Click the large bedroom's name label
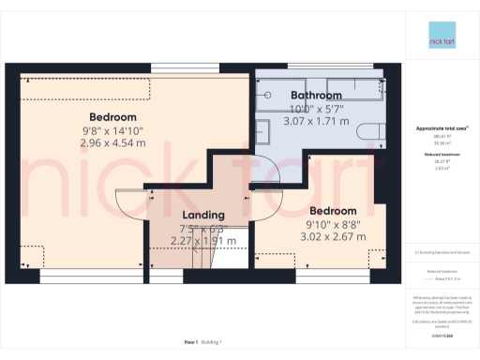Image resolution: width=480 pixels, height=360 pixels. pos(113,117)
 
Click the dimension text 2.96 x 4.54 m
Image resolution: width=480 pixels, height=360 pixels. pos(113,144)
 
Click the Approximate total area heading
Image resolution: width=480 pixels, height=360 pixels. pos(441,127)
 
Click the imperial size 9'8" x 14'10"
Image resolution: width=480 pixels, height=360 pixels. pos(113,131)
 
